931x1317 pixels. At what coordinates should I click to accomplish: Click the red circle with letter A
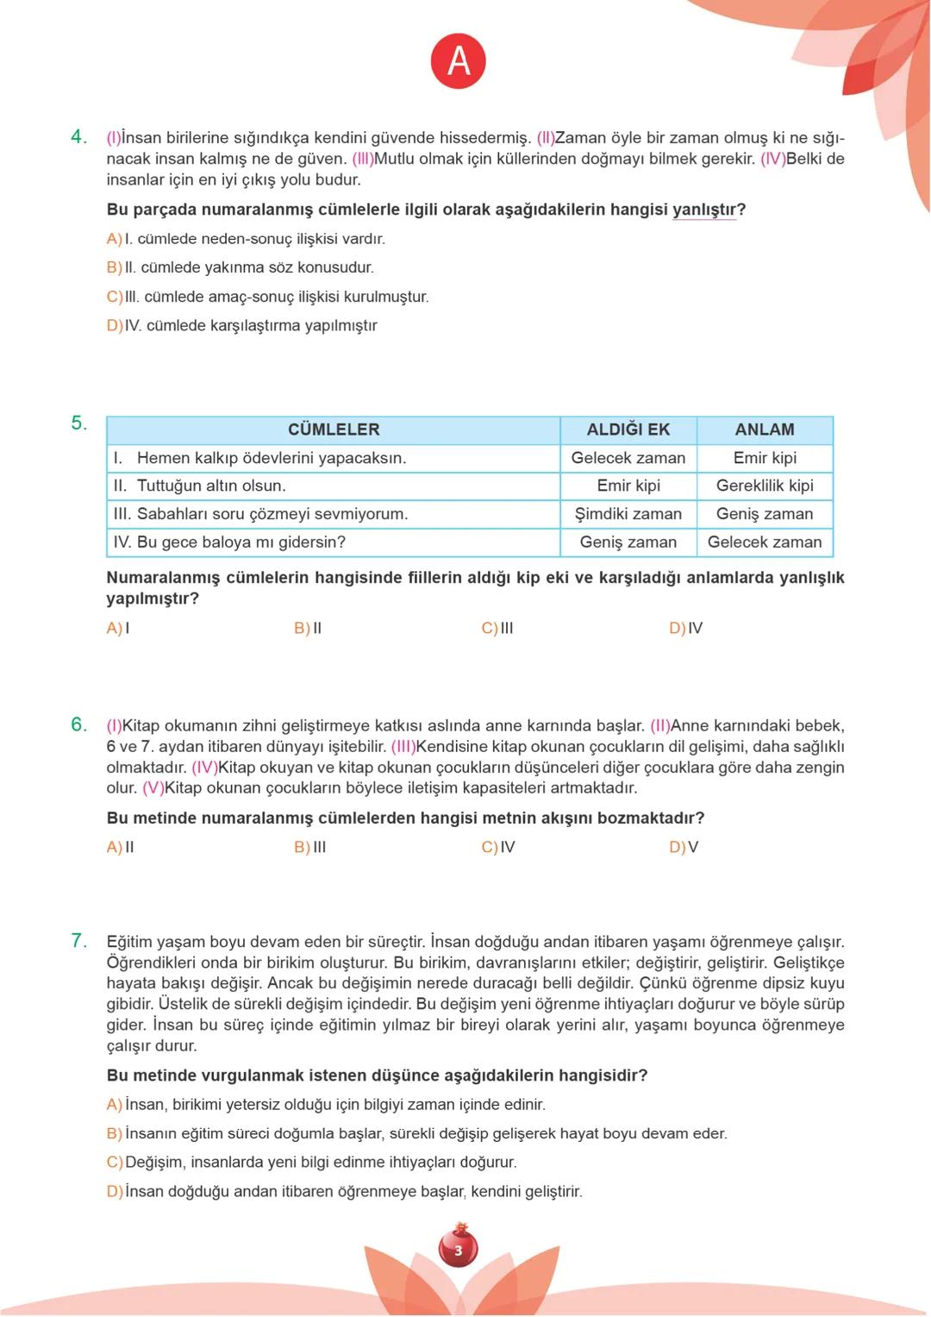coord(459,61)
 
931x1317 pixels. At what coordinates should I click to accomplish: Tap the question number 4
coord(78,137)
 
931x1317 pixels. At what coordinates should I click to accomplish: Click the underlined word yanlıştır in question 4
coord(703,210)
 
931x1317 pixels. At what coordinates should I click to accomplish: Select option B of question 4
coord(114,267)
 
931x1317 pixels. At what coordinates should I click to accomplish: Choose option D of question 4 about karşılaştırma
coord(114,325)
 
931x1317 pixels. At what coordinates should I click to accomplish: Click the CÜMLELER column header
coord(333,430)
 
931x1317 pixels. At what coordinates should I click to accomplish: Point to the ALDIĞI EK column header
coord(628,430)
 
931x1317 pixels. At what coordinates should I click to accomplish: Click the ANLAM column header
coord(764,430)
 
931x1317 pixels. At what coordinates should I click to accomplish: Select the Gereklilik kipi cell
coord(764,486)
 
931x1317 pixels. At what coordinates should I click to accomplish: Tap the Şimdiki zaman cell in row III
coord(628,514)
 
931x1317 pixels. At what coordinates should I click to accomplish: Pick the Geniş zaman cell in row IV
coord(628,542)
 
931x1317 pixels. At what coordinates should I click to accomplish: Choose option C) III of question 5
coord(497,628)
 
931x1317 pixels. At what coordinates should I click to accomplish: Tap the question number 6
coord(78,724)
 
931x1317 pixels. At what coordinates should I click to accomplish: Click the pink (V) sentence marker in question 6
coord(153,788)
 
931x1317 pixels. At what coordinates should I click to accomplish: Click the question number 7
coord(78,941)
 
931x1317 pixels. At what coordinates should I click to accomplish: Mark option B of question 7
coord(114,1133)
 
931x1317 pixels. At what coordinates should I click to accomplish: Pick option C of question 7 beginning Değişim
coord(114,1162)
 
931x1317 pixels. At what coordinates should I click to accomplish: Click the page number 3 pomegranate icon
coord(458,1248)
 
